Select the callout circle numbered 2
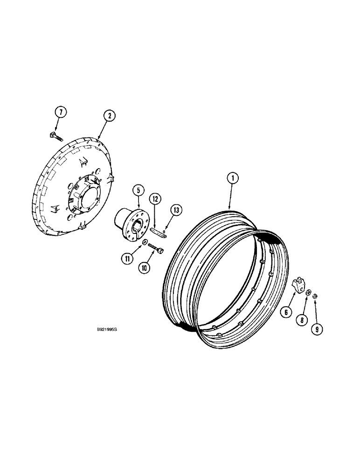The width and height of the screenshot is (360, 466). coord(108,115)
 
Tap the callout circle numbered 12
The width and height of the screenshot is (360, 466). coord(155,199)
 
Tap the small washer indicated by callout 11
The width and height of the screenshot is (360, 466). coord(146,242)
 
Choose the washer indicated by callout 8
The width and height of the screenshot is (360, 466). coord(308,292)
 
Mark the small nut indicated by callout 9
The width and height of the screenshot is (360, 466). coord(315,295)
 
